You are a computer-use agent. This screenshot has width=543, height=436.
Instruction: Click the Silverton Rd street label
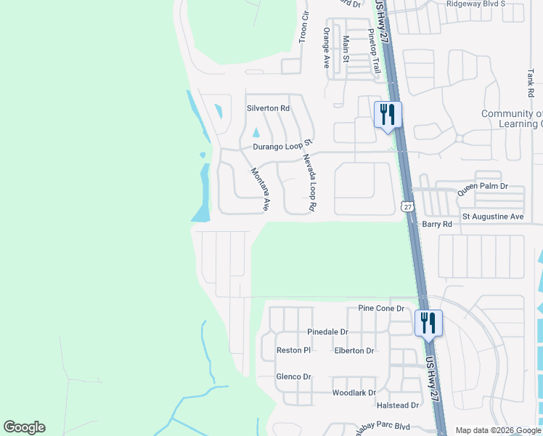[268, 108]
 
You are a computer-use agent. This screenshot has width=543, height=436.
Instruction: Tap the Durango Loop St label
[282, 146]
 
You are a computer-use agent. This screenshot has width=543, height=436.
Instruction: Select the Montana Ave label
[260, 190]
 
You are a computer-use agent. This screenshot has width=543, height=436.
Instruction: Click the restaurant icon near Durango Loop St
[387, 114]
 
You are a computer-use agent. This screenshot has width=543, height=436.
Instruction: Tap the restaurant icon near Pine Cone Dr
[428, 323]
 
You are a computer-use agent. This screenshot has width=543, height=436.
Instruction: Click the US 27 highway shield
[407, 207]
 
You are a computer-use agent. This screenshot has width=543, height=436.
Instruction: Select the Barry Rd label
[437, 225]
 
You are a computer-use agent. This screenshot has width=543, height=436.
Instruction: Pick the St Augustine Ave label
[493, 217]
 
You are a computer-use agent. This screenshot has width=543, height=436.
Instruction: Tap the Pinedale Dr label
[327, 332]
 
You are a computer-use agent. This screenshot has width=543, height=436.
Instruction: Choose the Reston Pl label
[293, 350]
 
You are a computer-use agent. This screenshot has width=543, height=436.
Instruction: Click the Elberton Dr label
[354, 350]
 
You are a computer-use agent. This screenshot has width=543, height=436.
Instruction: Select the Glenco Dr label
[293, 376]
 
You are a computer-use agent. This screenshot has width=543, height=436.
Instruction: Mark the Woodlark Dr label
[353, 393]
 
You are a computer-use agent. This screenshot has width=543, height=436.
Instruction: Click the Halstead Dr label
[398, 405]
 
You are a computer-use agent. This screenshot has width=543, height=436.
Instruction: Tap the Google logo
[24, 427]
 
